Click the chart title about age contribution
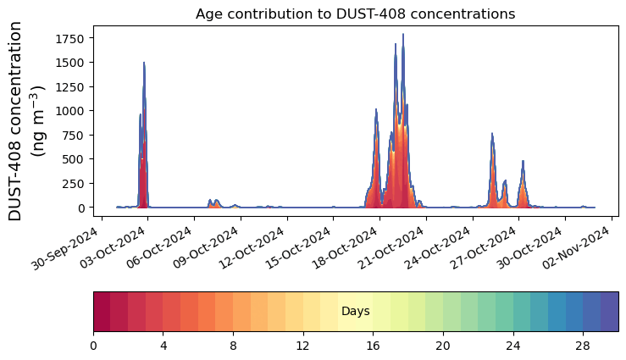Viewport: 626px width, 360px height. click(355, 14)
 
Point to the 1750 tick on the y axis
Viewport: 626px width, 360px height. click(75, 39)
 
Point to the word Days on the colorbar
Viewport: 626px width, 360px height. click(355, 312)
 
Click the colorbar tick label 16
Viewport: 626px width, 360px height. click(373, 346)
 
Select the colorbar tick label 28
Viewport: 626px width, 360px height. click(582, 346)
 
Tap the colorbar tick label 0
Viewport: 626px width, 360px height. click(93, 346)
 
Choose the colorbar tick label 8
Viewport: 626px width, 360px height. click(233, 346)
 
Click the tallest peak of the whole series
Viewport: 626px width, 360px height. click(403, 35)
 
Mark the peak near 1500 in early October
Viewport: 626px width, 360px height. click(144, 63)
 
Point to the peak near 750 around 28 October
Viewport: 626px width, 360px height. click(492, 134)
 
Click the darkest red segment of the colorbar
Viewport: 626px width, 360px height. click(102, 312)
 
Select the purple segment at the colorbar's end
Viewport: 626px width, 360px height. click(609, 312)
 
